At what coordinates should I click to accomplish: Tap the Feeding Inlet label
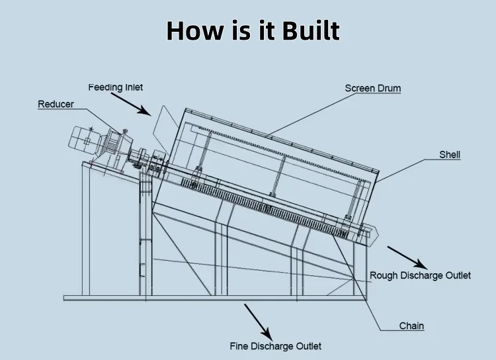pos(116,87)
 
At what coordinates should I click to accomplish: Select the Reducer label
pos(56,104)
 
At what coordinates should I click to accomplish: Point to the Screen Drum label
pos(373,88)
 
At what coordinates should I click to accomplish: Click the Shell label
pos(450,155)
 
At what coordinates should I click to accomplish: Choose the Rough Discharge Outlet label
pos(420,275)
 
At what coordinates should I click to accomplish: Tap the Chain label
pos(411,326)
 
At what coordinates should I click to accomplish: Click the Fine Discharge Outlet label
pos(275,346)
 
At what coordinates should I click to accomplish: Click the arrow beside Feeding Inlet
pos(131,105)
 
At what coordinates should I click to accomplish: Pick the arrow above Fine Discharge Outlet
pos(257,320)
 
